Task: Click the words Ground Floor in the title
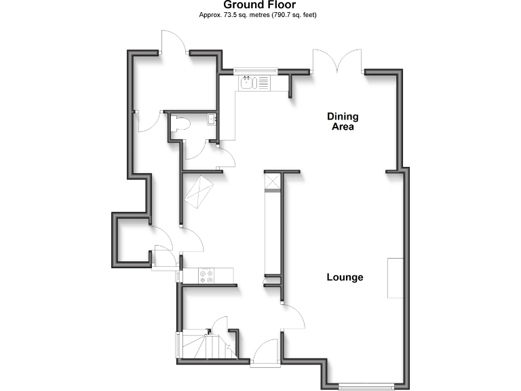point(260,5)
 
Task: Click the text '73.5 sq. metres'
point(239,14)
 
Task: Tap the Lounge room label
point(345,277)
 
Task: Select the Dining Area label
point(342,121)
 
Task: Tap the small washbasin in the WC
point(212,121)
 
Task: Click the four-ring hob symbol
point(206,276)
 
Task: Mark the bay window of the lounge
point(366,387)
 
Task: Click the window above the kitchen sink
point(256,69)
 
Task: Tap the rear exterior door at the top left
point(175,43)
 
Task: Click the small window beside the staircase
point(178,346)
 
